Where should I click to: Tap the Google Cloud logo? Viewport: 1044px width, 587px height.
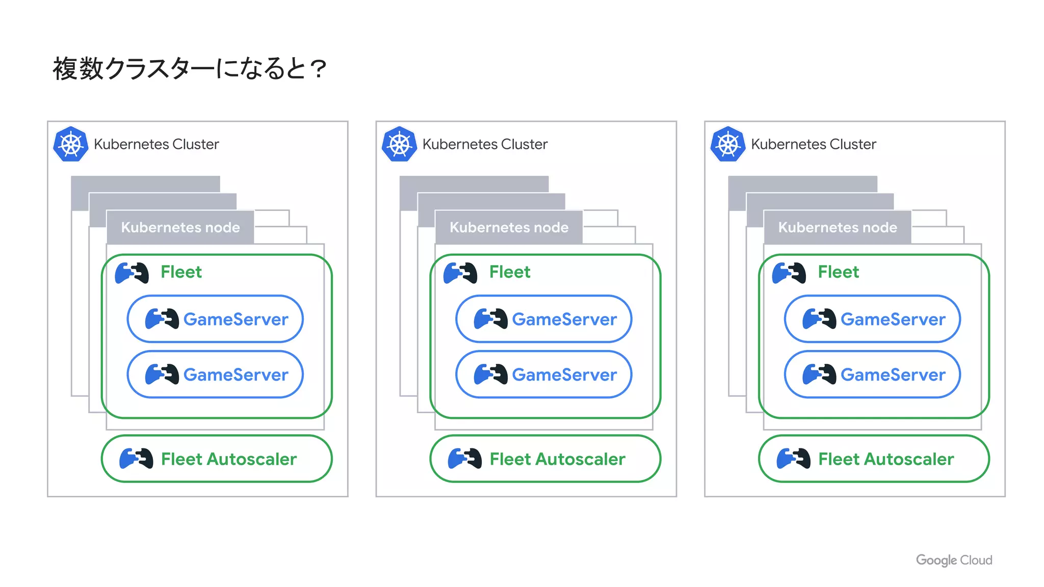click(954, 560)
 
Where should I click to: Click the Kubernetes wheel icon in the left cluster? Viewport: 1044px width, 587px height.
click(71, 145)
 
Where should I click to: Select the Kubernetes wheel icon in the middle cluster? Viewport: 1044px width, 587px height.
click(399, 145)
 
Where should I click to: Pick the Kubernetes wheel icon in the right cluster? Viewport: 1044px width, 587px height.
click(728, 145)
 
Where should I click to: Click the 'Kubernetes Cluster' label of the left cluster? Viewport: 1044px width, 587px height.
click(156, 145)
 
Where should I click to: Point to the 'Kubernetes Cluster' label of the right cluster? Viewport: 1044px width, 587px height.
click(813, 145)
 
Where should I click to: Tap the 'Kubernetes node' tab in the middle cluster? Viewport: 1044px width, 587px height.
click(509, 227)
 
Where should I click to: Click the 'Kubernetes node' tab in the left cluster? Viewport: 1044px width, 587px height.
click(180, 227)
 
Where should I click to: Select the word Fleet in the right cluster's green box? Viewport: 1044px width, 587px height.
click(838, 272)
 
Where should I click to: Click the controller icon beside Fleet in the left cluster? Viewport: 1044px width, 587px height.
click(132, 273)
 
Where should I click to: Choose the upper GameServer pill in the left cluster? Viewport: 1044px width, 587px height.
click(215, 319)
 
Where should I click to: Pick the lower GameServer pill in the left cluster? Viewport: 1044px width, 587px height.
click(215, 375)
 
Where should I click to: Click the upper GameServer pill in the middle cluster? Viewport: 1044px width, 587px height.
click(543, 319)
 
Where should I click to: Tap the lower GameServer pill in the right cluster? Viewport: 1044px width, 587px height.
click(872, 375)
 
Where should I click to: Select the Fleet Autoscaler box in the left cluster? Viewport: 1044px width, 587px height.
click(217, 459)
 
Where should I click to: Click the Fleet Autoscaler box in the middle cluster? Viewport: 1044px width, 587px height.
click(545, 459)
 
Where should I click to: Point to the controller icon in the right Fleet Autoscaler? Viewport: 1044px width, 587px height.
click(793, 459)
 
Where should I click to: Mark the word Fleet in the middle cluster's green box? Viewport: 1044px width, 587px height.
click(510, 272)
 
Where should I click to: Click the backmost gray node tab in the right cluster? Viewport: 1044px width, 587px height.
click(802, 183)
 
